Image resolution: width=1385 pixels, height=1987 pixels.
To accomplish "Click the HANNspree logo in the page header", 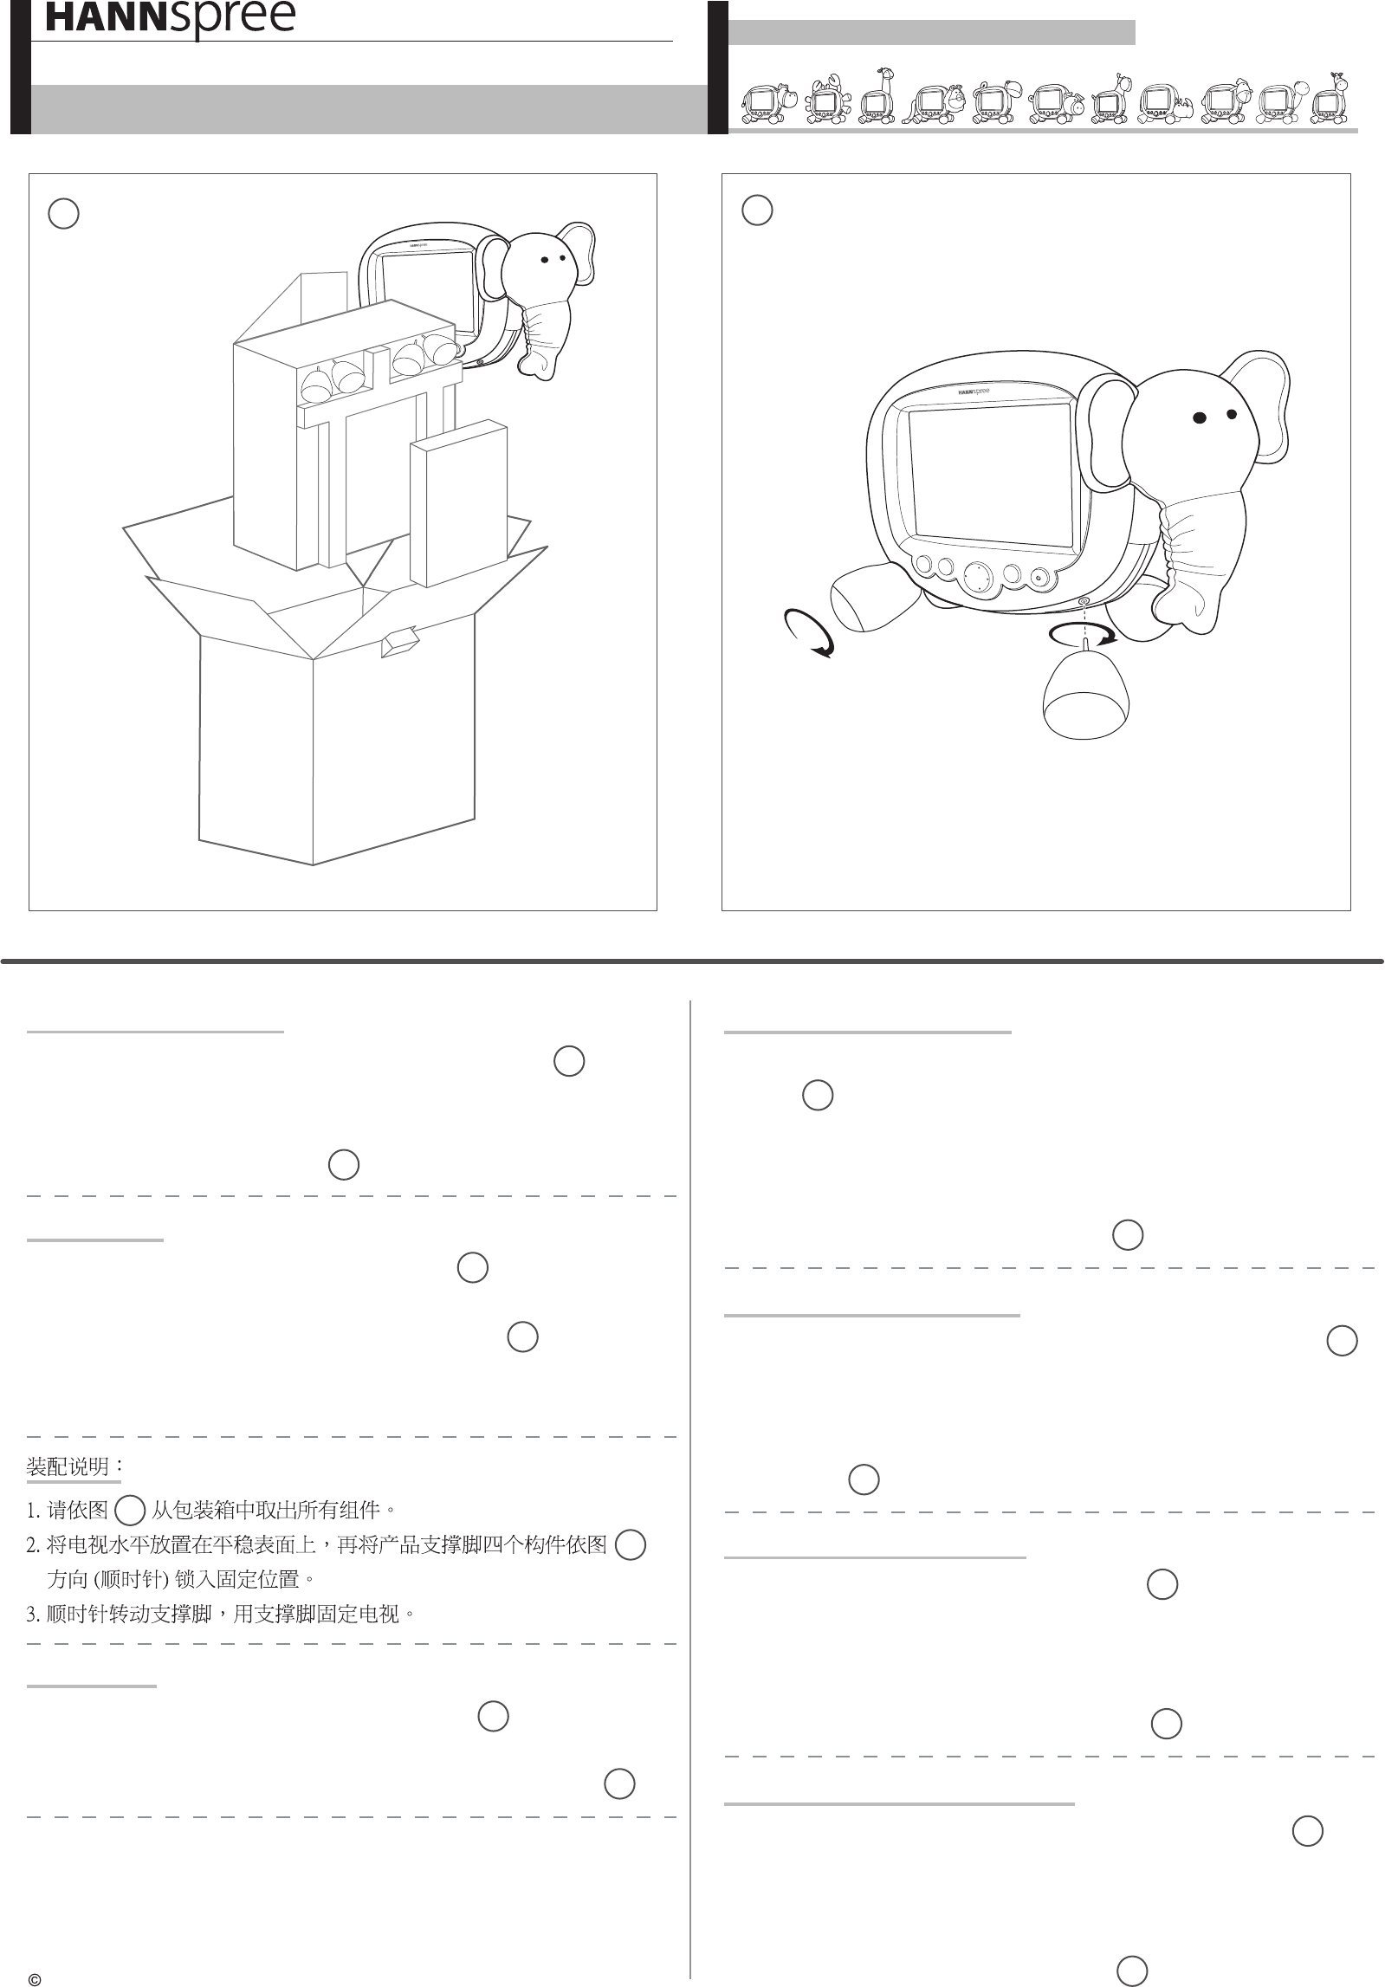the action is (170, 19).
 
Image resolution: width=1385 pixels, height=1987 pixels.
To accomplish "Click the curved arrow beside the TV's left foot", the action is (807, 632).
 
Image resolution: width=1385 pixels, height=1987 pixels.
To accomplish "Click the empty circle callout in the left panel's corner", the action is (64, 213).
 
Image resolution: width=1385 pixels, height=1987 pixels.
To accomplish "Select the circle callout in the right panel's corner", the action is (758, 210).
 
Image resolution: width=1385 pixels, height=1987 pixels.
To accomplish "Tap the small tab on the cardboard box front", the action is (400, 642).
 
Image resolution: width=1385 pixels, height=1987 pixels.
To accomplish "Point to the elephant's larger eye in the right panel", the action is (1200, 417).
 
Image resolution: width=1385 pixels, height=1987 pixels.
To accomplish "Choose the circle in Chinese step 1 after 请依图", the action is (130, 1511).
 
